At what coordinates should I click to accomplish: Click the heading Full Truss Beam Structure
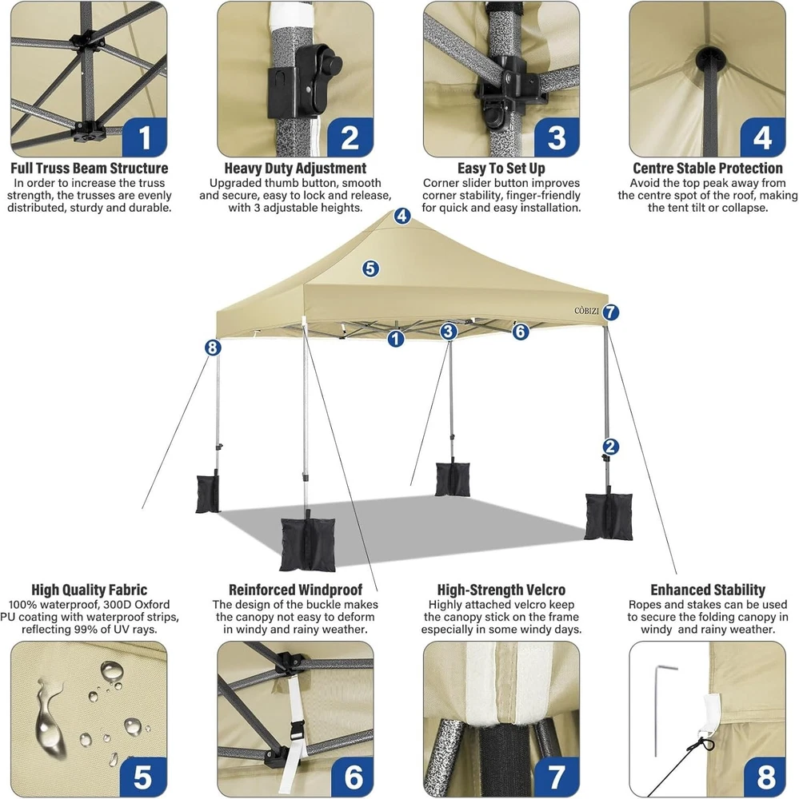90,168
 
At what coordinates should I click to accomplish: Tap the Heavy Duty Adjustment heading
295,168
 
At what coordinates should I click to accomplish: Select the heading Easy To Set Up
501,168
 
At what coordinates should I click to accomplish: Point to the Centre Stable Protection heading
708,168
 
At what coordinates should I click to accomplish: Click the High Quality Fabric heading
90,590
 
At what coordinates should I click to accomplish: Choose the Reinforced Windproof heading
295,590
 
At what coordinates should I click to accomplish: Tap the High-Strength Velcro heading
501,590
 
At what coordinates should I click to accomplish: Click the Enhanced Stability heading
708,590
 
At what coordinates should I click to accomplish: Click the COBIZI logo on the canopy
587,311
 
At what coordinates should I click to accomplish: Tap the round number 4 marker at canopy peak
402,216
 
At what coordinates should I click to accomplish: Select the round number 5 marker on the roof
370,268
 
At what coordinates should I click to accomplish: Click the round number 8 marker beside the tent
213,348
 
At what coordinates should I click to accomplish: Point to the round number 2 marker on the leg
610,447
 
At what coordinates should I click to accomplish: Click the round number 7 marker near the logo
611,312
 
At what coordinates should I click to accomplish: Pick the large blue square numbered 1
145,137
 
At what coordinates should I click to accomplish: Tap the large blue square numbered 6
352,776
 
